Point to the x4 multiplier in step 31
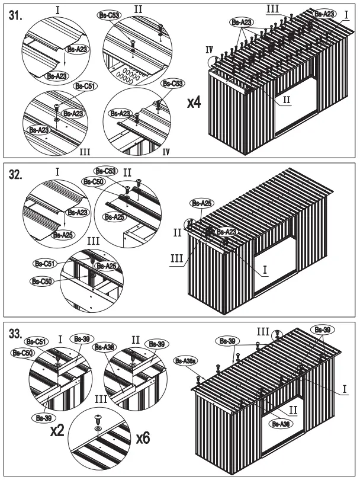pos(193,103)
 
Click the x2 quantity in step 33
pos(57,431)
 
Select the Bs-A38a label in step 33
pos(186,360)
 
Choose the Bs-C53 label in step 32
pos(106,170)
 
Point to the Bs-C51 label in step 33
pos(36,342)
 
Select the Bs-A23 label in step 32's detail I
pos(78,212)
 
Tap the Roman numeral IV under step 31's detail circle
pos(166,152)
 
